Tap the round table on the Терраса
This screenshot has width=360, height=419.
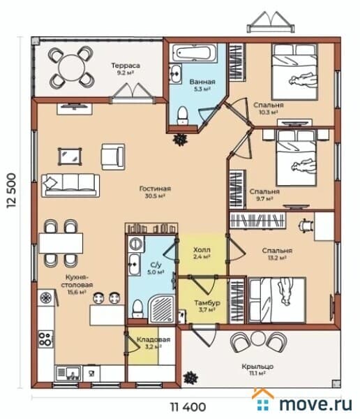(71, 67)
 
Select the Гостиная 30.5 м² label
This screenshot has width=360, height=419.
(155, 192)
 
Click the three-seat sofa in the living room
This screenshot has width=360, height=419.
(70, 185)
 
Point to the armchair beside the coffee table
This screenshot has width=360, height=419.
(113, 157)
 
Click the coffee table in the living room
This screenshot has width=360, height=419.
(70, 156)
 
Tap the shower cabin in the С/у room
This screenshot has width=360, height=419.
(162, 309)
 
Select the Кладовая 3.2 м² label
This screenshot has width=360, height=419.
(153, 343)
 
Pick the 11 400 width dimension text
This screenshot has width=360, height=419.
(188, 407)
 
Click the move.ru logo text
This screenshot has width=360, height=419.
(315, 404)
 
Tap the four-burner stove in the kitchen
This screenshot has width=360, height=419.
(45, 339)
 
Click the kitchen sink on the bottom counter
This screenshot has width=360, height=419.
(68, 374)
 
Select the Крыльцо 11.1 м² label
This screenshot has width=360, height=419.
(257, 369)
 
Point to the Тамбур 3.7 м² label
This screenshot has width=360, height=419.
(207, 307)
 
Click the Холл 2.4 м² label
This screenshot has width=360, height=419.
(202, 253)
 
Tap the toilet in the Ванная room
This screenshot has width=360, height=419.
(183, 115)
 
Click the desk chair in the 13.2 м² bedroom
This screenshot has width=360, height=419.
(306, 226)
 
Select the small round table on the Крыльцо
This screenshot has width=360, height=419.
(257, 338)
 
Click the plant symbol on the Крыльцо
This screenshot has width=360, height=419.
(190, 378)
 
